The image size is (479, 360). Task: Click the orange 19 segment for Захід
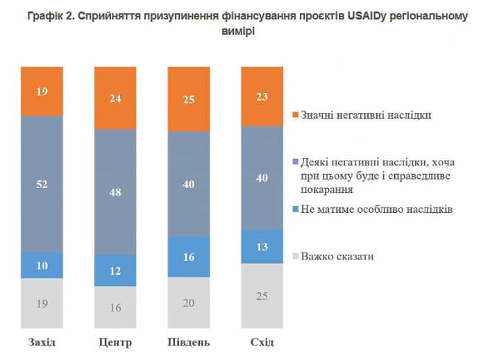click(x=42, y=91)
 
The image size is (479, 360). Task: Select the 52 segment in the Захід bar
click(x=42, y=184)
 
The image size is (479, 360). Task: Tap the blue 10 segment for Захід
click(x=42, y=266)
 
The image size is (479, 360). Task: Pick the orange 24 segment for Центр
click(x=115, y=98)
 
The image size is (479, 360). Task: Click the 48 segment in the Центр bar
click(x=115, y=192)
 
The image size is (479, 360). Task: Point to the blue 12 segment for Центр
click(x=115, y=271)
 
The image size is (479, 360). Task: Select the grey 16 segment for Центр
click(x=115, y=307)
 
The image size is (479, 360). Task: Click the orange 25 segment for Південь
click(x=189, y=98)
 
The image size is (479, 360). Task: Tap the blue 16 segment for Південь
click(x=189, y=257)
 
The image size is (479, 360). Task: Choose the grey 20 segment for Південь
click(x=189, y=302)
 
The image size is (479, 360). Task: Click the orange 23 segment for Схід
click(x=262, y=96)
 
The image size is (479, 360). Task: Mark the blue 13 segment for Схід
click(x=262, y=247)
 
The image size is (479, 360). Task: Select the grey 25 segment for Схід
click(x=262, y=295)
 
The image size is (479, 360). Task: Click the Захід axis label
click(x=42, y=343)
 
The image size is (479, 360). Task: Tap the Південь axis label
click(x=189, y=343)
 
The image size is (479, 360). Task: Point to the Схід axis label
click(x=262, y=343)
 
